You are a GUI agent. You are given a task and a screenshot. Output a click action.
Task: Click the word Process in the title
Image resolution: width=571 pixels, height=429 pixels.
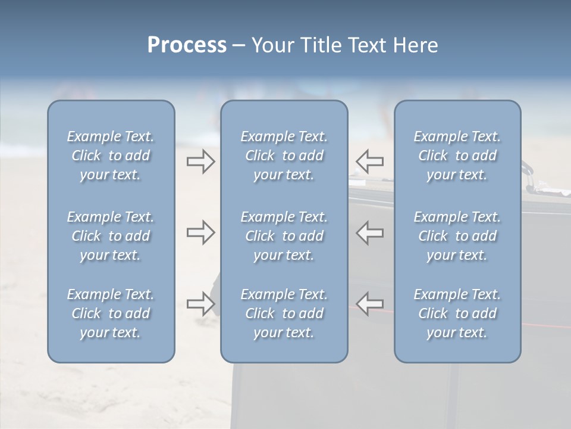click(187, 45)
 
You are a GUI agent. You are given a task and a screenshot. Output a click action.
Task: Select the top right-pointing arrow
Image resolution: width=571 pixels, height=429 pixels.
click(201, 161)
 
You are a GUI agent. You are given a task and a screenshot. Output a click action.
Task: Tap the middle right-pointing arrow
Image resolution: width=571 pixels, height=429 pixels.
click(201, 232)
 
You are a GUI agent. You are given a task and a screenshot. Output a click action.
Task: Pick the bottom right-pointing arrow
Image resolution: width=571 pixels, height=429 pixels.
click(201, 304)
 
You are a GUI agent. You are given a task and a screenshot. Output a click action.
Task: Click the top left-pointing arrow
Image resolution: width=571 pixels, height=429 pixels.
click(369, 161)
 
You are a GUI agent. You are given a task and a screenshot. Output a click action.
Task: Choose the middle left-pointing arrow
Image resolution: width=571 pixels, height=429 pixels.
click(369, 232)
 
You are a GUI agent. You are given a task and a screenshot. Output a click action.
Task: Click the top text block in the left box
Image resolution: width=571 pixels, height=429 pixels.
click(111, 156)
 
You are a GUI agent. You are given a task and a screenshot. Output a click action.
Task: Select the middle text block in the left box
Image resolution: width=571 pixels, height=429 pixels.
click(111, 236)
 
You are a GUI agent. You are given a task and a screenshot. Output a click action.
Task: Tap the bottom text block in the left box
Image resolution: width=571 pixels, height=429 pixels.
click(111, 313)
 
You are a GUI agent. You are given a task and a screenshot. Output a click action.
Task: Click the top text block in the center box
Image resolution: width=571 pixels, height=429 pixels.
click(284, 156)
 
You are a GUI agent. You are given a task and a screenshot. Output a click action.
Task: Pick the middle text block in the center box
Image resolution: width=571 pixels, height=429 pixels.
click(284, 236)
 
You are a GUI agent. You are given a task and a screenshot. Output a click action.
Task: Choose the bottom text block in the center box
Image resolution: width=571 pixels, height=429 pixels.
click(284, 313)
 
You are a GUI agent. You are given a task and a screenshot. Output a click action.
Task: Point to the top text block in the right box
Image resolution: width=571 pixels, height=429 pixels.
click(457, 156)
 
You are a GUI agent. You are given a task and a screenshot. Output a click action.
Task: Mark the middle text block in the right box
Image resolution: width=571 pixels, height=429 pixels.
click(457, 236)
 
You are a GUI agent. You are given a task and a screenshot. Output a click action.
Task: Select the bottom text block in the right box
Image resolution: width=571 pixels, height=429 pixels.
click(457, 313)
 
